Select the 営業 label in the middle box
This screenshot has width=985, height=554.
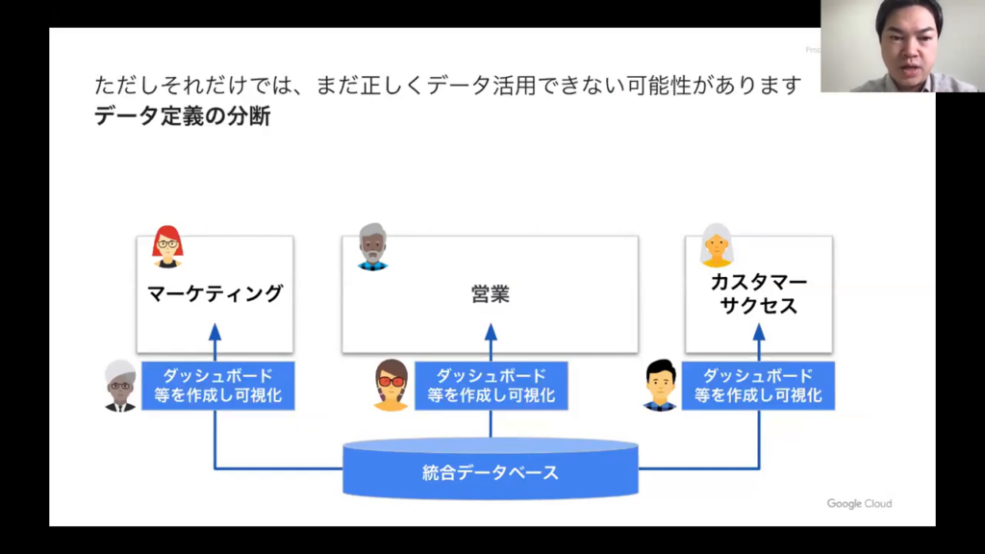pos(491,294)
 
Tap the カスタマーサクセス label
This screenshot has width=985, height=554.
pos(758,294)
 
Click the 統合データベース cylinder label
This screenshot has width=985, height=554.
pos(491,472)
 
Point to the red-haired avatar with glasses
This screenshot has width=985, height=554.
pos(167,246)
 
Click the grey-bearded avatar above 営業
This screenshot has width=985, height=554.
pos(372,246)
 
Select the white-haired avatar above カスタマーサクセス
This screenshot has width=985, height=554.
pos(717,245)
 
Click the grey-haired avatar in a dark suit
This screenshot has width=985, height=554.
pos(120,386)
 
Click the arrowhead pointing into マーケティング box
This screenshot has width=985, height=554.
pos(215,332)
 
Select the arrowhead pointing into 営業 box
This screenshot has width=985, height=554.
pos(491,332)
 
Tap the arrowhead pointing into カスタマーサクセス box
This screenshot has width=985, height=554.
pos(759,332)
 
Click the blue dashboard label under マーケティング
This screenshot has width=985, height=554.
pos(218,386)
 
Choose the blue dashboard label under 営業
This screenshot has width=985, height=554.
pos(492,386)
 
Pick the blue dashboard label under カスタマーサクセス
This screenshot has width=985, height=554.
pos(758,386)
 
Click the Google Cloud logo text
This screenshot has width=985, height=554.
pos(859,504)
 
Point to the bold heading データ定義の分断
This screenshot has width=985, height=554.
pos(183,117)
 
